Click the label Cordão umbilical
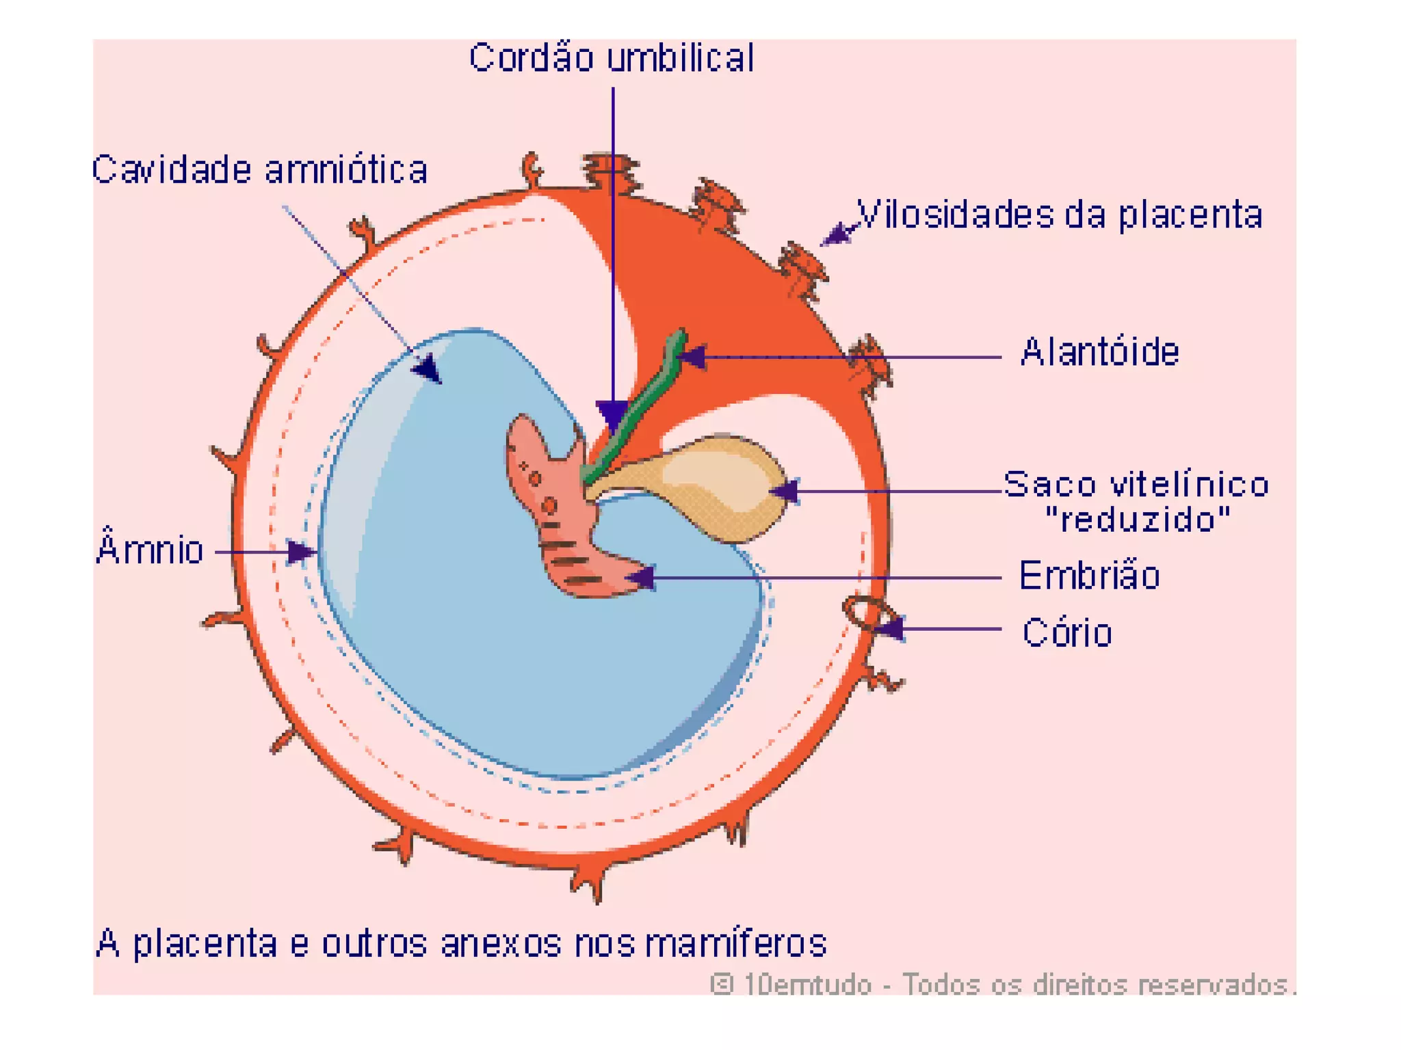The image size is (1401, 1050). click(x=612, y=57)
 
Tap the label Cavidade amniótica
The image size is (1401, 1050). click(x=260, y=170)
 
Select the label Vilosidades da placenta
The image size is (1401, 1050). click(x=1059, y=215)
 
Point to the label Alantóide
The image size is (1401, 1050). click(x=1099, y=353)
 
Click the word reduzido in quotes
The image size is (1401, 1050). click(x=1138, y=520)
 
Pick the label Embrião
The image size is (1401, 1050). click(x=1089, y=576)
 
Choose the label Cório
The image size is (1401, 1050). click(x=1066, y=633)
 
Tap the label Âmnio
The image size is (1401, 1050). click(x=150, y=550)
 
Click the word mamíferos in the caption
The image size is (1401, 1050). click(x=736, y=943)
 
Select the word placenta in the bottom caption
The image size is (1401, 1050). click(x=205, y=943)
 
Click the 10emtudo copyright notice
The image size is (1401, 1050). click(x=1003, y=984)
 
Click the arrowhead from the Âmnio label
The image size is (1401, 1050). click(x=301, y=552)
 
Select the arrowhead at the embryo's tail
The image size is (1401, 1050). click(x=642, y=578)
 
